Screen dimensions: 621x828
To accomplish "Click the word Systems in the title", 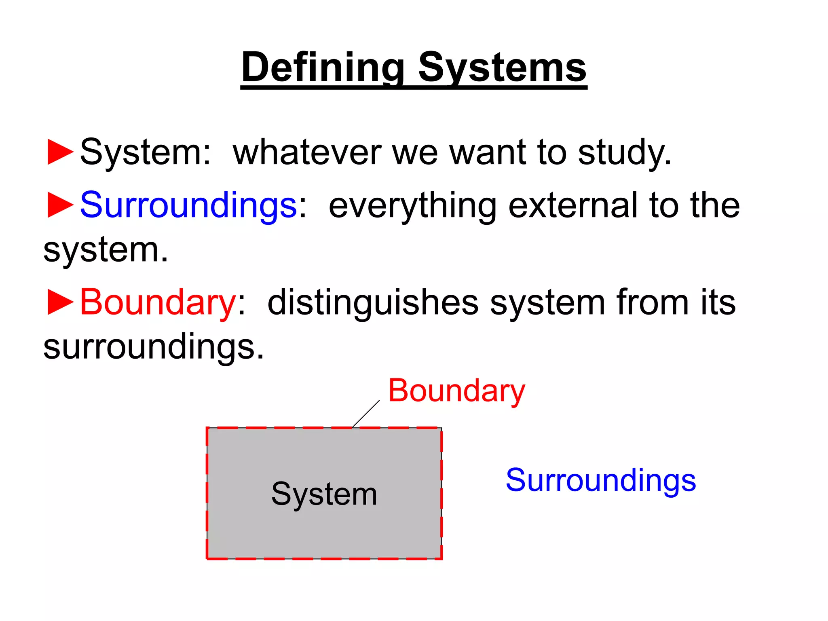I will point(502,68).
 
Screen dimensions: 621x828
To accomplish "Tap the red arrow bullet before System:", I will point(60,152).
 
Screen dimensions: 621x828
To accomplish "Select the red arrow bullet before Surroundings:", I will point(60,205).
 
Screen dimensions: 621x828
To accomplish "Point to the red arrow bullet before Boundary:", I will point(60,302).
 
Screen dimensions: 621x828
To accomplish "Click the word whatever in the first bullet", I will point(307,152).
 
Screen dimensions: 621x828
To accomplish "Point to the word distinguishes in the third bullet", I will point(373,302).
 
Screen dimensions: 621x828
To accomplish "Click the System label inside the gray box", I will point(324,494).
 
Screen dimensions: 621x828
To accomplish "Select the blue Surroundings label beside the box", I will point(601,480).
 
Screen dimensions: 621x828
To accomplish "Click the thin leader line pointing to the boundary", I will point(366,414).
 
